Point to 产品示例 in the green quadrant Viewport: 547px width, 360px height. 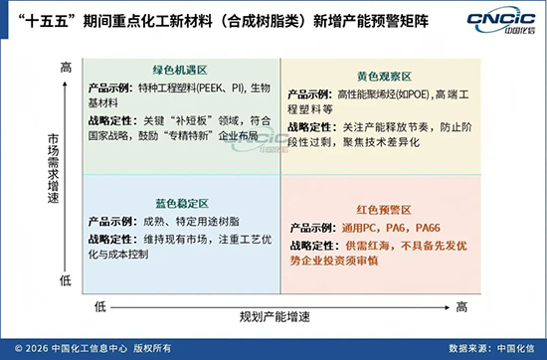click(111, 89)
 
